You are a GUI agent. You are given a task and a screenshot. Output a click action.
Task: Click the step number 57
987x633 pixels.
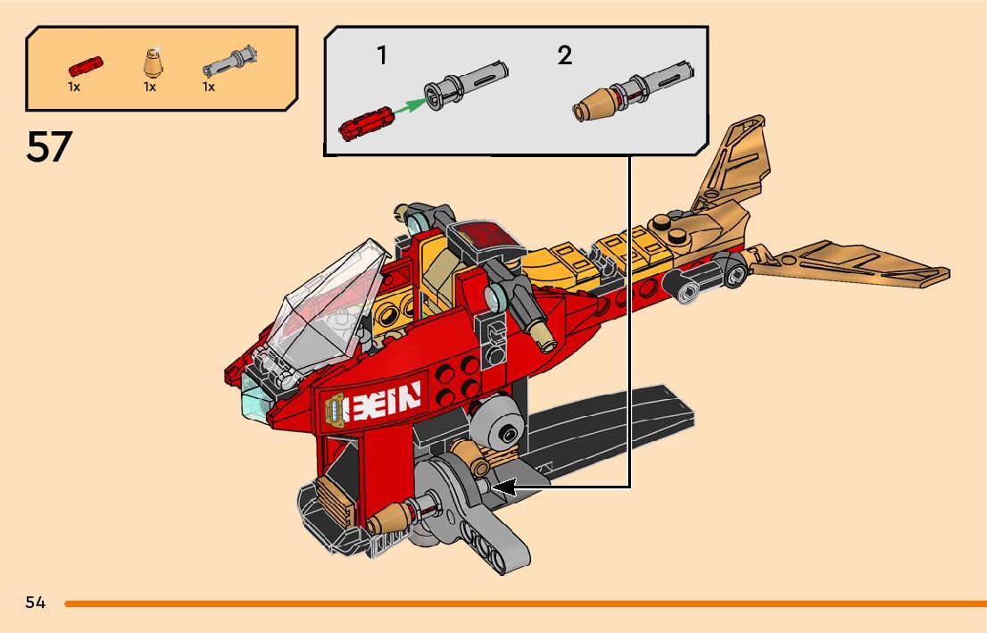coord(49,146)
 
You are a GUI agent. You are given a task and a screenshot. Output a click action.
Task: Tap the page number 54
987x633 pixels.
coord(36,603)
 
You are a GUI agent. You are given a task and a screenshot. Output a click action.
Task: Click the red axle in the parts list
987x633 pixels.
coord(86,66)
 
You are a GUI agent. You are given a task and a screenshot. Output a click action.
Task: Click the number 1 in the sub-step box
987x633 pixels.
coord(382,55)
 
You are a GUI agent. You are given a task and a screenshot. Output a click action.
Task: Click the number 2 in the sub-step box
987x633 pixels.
coord(564,55)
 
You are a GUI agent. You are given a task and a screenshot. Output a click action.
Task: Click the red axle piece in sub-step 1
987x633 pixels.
coord(364,122)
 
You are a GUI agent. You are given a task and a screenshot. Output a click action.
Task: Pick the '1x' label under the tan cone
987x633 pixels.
coord(150,87)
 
